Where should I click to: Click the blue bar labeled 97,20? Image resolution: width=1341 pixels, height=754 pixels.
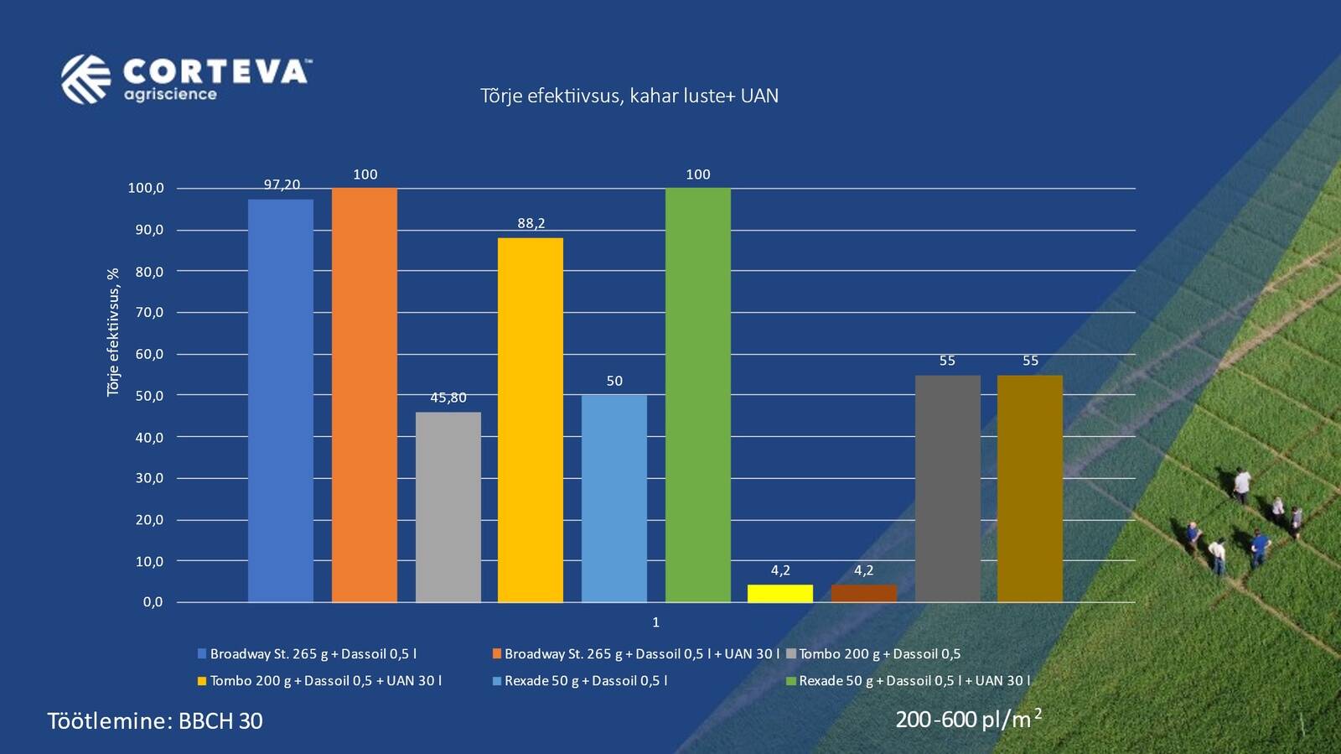(281, 400)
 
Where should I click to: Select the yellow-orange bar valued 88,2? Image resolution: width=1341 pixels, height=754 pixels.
(531, 419)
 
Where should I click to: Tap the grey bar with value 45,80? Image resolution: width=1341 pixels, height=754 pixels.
(448, 507)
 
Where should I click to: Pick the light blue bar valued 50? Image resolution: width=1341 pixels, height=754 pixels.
(614, 498)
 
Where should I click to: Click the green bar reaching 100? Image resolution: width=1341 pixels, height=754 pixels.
(698, 394)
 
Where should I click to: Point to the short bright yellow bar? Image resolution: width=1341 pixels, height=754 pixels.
(780, 594)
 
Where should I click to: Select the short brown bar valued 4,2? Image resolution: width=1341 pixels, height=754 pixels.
(863, 594)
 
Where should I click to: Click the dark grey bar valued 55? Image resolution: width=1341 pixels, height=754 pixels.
(947, 488)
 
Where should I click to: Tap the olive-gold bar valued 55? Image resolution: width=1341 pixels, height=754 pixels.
(1030, 488)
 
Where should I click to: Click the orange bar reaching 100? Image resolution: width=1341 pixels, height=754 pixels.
(365, 394)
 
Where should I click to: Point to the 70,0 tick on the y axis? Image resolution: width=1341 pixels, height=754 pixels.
(149, 313)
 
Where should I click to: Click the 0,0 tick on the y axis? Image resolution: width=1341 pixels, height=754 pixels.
(153, 602)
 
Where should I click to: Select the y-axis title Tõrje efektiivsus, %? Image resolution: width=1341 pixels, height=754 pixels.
(113, 332)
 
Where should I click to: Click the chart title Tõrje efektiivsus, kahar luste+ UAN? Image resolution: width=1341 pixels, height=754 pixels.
(629, 96)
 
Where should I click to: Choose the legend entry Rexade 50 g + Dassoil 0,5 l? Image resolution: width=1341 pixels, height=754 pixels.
(585, 681)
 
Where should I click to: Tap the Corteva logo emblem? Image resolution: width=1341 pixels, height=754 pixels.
(85, 79)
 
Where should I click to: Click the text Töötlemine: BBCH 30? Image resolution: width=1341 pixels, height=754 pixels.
(155, 721)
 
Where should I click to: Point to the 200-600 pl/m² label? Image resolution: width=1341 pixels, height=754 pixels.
(968, 720)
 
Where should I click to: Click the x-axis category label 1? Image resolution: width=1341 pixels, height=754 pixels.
(655, 622)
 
